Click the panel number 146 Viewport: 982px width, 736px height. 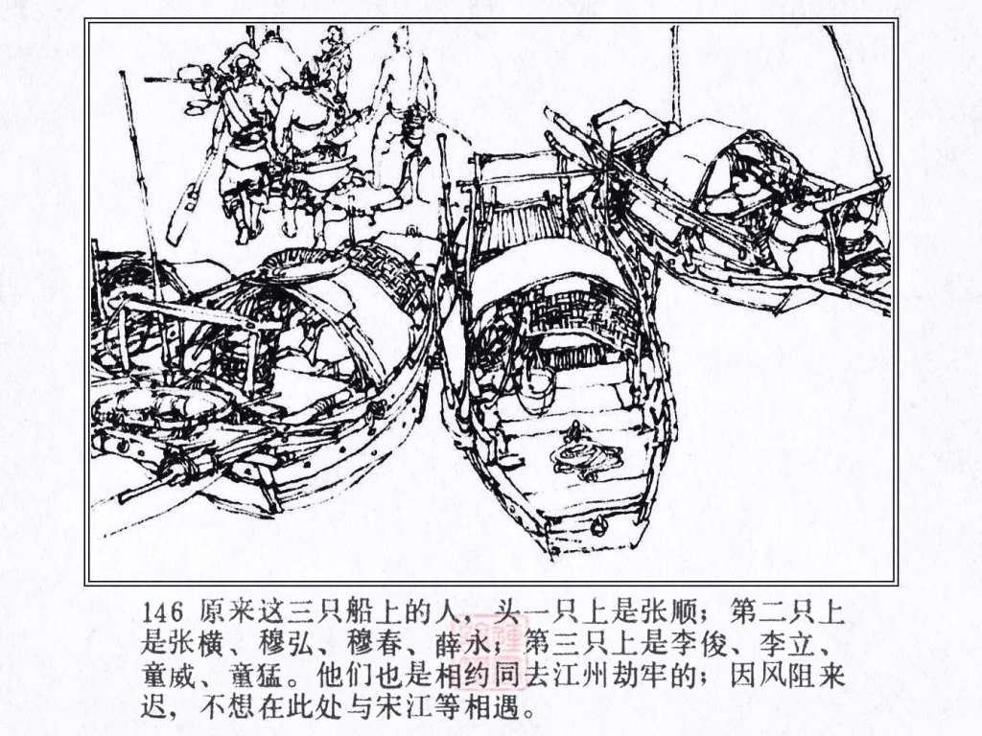pyautogui.click(x=162, y=612)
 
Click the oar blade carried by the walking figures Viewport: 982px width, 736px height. pyautogui.click(x=182, y=210)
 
